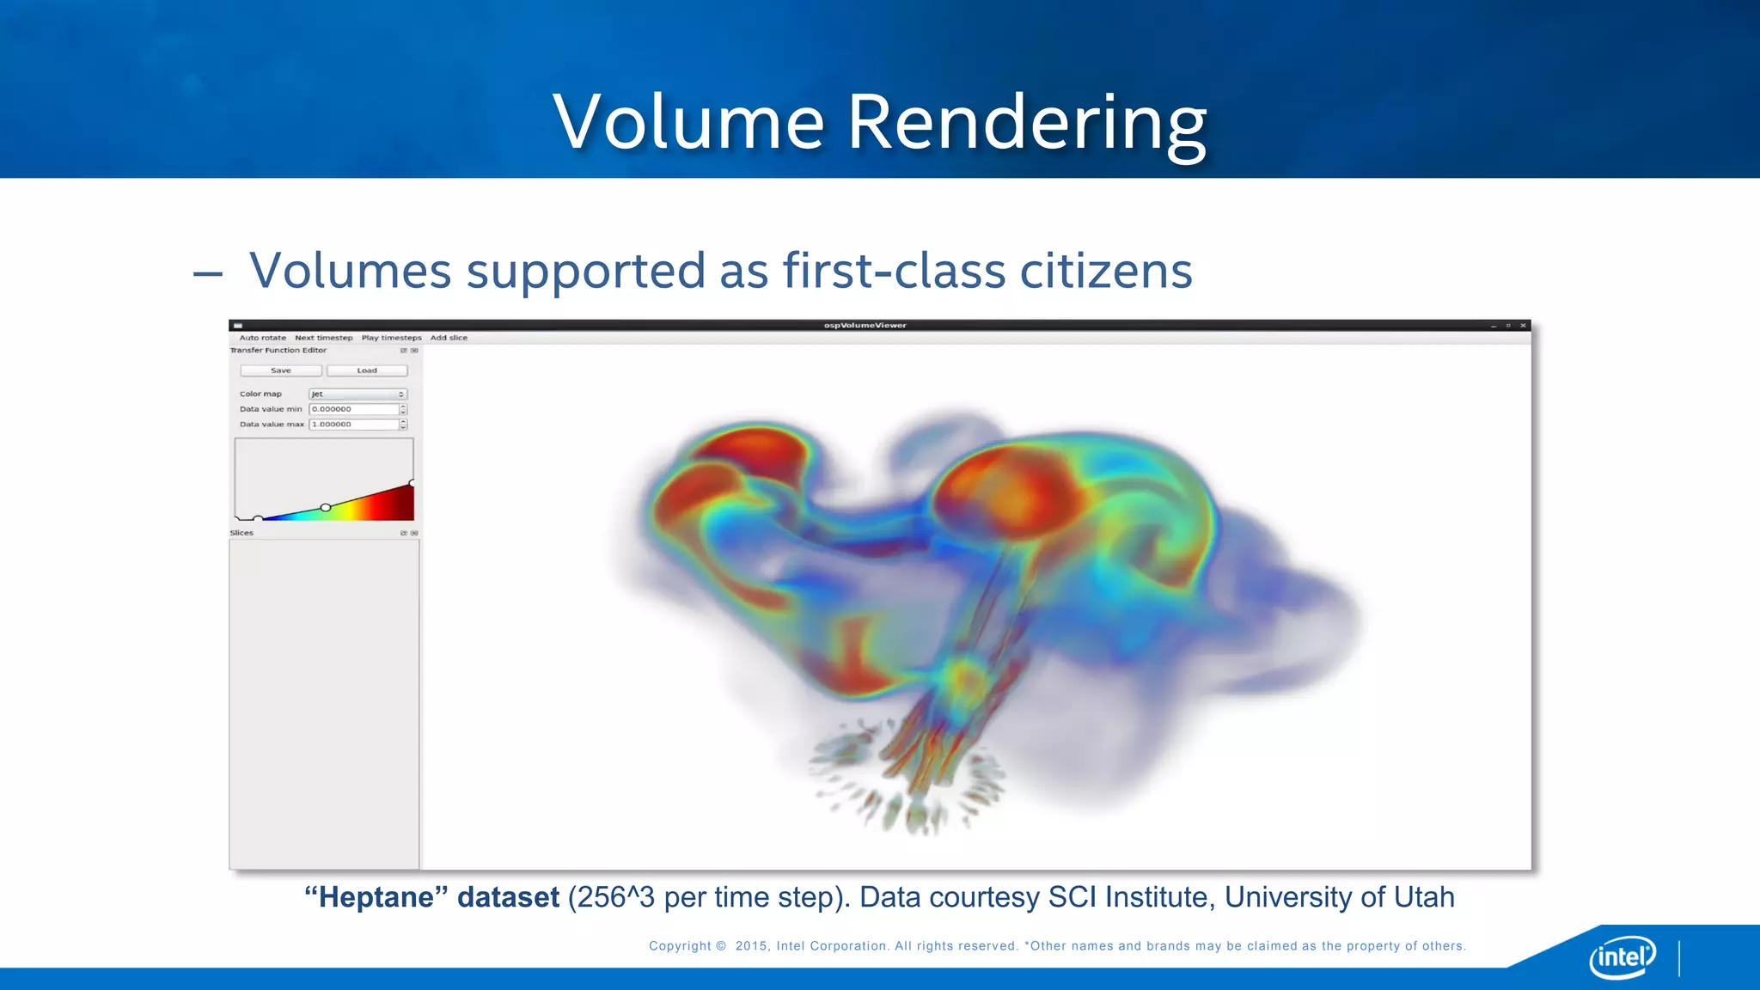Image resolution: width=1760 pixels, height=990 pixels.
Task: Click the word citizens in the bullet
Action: point(1106,271)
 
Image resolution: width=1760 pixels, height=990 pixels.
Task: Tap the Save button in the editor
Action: point(281,370)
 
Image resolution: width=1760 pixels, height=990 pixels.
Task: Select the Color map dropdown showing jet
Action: point(357,394)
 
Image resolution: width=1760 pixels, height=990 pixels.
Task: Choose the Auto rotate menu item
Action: point(262,338)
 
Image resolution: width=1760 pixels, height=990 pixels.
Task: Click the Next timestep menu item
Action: point(323,338)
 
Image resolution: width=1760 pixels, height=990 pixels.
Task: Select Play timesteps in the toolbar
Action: point(391,338)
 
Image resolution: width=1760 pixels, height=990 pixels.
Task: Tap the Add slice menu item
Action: point(449,338)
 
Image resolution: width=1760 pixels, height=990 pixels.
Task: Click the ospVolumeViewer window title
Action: point(865,326)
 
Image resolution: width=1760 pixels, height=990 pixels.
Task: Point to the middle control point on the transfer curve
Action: point(326,508)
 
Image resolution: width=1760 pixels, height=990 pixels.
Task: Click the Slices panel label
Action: point(241,533)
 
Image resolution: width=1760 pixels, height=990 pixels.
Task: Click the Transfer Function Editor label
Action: point(278,351)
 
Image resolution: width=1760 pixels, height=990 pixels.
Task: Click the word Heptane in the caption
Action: point(376,897)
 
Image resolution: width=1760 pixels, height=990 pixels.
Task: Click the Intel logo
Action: point(1622,956)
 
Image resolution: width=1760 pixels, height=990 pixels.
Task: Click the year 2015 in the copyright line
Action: point(751,946)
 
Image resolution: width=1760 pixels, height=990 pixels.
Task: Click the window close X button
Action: point(1523,326)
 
